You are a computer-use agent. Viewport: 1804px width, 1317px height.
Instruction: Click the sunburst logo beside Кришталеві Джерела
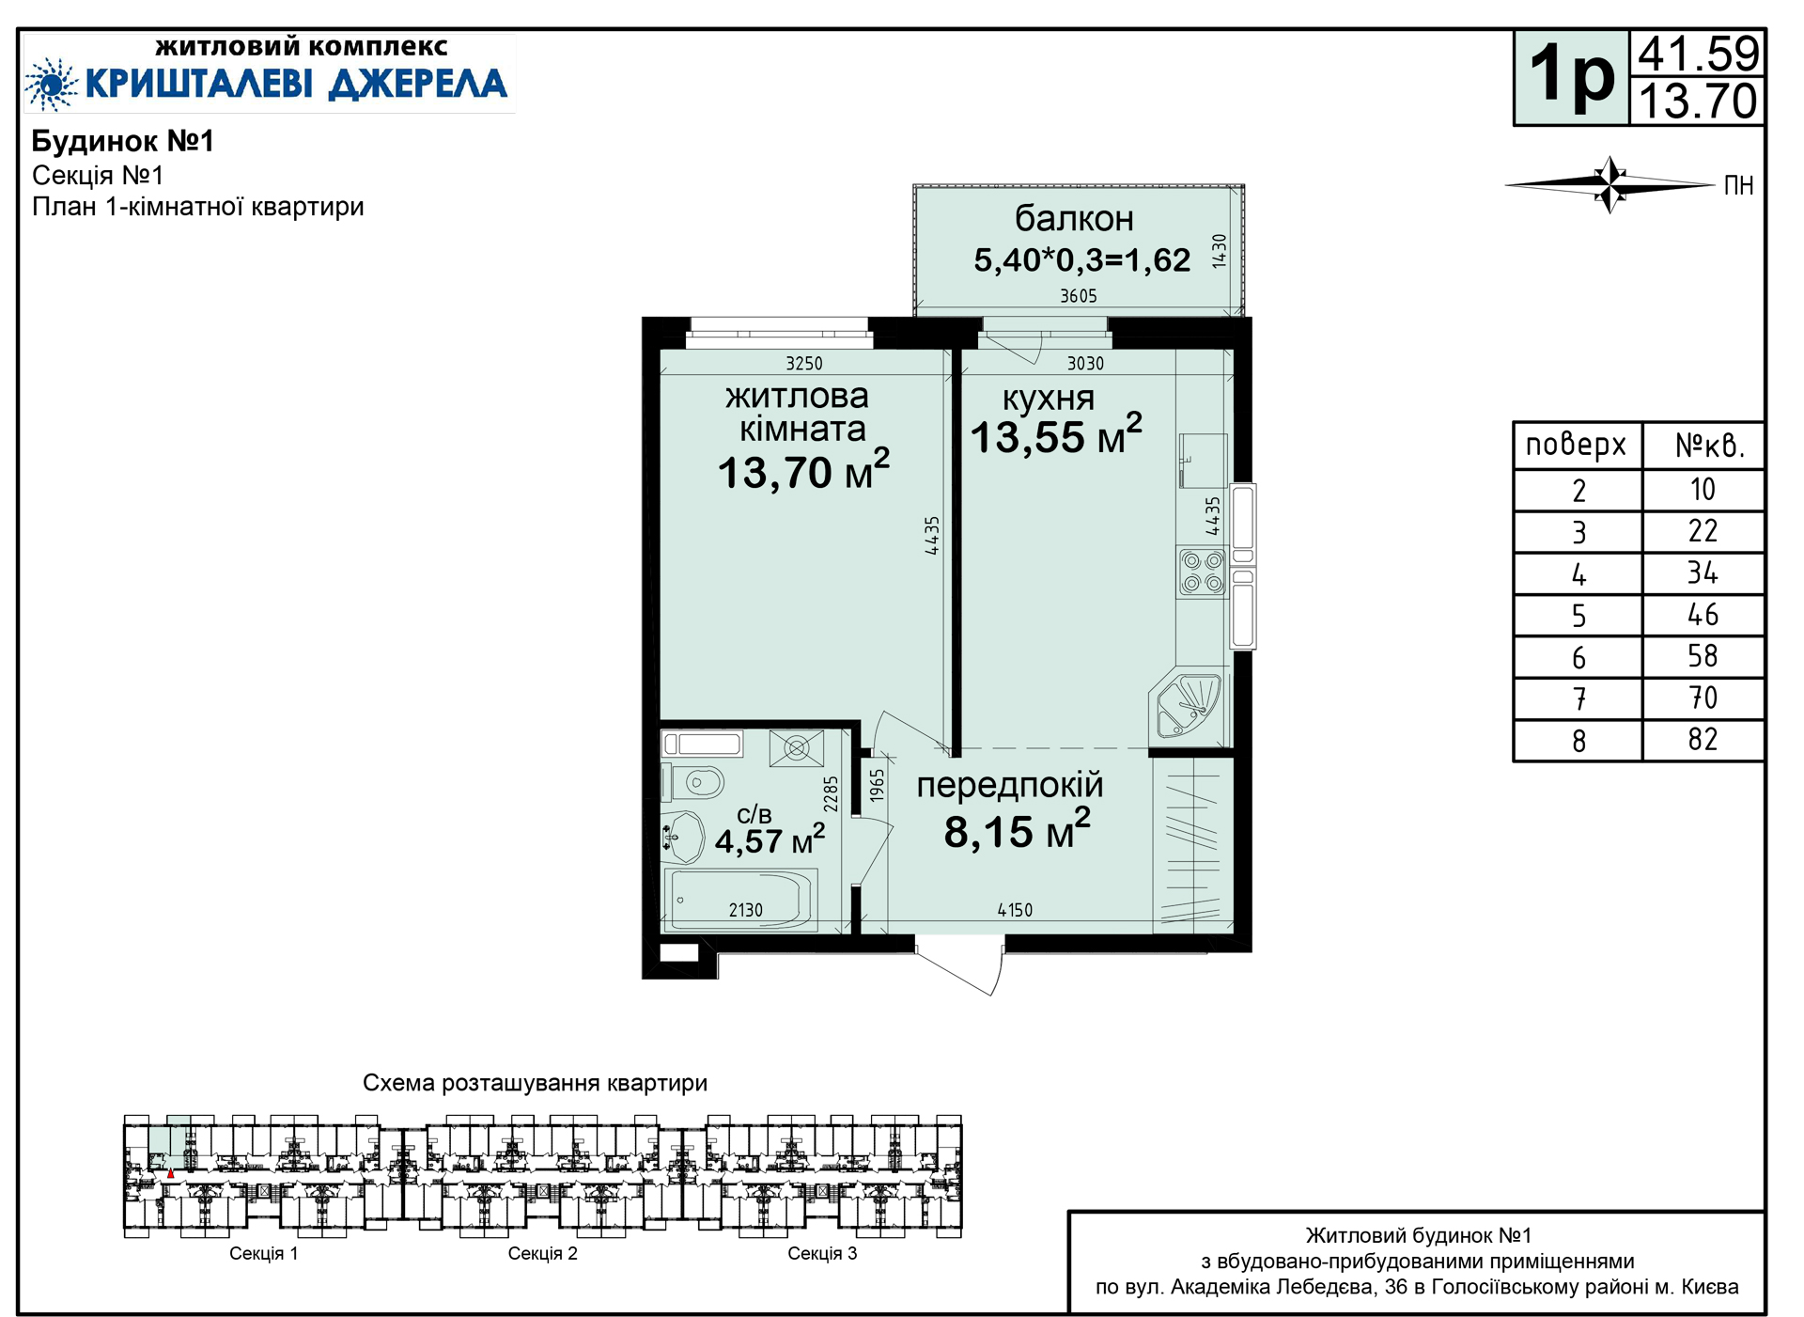click(52, 84)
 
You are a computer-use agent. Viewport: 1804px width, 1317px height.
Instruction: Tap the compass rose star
click(1610, 184)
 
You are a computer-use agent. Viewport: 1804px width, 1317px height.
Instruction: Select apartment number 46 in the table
click(1703, 615)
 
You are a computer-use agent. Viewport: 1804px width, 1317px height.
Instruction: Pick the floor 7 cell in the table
click(1578, 699)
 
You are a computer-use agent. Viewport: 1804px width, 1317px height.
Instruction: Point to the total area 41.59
click(1699, 54)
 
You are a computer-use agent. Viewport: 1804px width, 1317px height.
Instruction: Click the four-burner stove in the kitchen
click(1203, 572)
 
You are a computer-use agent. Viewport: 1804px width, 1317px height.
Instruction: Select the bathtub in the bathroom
click(740, 900)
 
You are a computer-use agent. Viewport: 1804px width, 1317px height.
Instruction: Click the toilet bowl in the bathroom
click(696, 782)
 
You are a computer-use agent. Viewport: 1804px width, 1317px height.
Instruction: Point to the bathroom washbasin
click(683, 837)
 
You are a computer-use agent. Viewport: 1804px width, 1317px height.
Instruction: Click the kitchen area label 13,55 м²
click(1056, 435)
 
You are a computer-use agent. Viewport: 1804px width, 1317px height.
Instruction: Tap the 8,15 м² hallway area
click(1018, 830)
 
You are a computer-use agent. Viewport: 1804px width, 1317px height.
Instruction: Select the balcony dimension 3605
click(1079, 296)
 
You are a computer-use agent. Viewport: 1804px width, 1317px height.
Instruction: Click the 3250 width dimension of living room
click(804, 364)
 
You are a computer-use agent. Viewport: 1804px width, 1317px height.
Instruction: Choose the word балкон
click(1074, 218)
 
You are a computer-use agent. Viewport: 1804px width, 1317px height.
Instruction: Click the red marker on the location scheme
click(170, 1173)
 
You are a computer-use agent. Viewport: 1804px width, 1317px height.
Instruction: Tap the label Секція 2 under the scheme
click(542, 1253)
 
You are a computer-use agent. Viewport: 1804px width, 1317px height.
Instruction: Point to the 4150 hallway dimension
click(1015, 910)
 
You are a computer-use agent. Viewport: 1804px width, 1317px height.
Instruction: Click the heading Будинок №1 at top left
click(123, 141)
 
